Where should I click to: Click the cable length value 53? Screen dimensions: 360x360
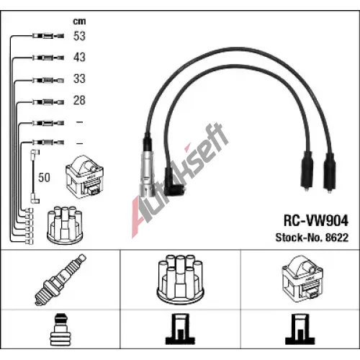click(x=79, y=36)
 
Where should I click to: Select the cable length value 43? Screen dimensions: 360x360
click(x=79, y=58)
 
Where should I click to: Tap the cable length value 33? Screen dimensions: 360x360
click(x=79, y=78)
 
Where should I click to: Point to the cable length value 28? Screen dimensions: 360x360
click(x=79, y=100)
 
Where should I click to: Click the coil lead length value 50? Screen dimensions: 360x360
click(x=44, y=178)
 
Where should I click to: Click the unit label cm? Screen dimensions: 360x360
click(x=79, y=22)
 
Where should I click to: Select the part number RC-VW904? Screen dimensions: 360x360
click(x=315, y=220)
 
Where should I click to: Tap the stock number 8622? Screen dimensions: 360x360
click(x=337, y=238)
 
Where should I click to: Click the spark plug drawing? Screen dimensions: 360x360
click(x=60, y=279)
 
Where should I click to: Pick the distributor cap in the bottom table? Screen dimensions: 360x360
click(x=180, y=279)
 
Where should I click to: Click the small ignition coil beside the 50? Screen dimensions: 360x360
click(x=85, y=176)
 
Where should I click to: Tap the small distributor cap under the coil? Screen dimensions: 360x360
click(x=65, y=225)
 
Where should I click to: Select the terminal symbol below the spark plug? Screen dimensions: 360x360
click(x=60, y=330)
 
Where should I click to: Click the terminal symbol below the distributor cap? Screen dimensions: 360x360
click(x=180, y=329)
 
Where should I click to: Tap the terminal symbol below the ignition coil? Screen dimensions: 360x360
click(x=300, y=329)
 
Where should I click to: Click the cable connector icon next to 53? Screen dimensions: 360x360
click(x=48, y=36)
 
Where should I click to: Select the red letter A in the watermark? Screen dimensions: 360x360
click(x=139, y=217)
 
